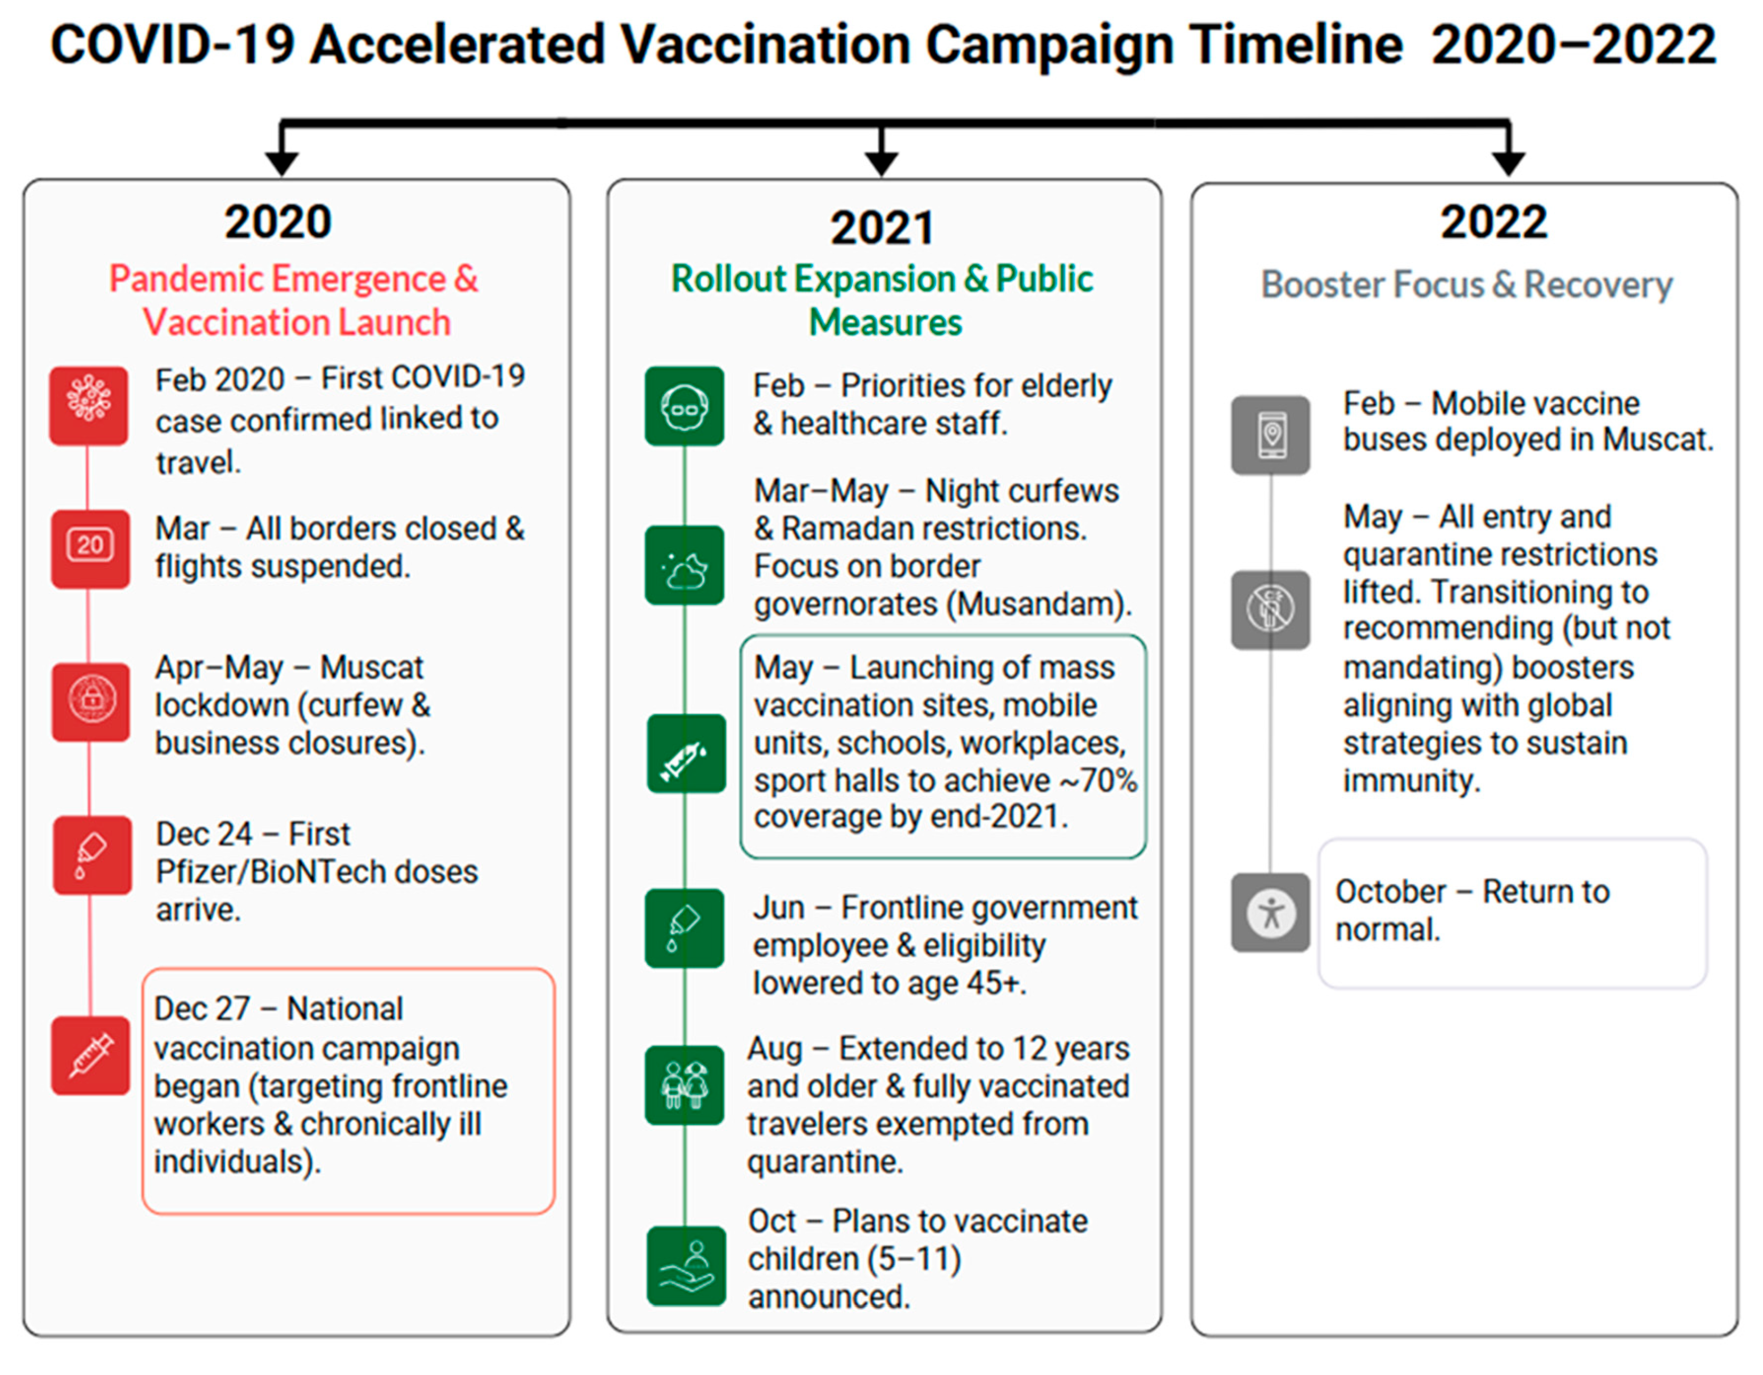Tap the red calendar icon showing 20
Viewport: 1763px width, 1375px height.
91,548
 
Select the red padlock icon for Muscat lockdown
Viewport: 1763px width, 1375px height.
91,702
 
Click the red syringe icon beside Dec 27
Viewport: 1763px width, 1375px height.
91,1055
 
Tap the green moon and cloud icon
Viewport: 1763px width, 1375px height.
685,565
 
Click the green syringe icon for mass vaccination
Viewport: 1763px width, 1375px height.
686,754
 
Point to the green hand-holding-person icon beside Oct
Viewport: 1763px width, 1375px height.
686,1265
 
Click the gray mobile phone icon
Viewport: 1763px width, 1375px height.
1271,434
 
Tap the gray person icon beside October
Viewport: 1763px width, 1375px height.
1271,912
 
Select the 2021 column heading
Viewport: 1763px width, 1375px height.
883,228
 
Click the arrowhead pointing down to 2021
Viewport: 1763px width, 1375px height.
881,163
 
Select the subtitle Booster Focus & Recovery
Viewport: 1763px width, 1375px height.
1467,284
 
